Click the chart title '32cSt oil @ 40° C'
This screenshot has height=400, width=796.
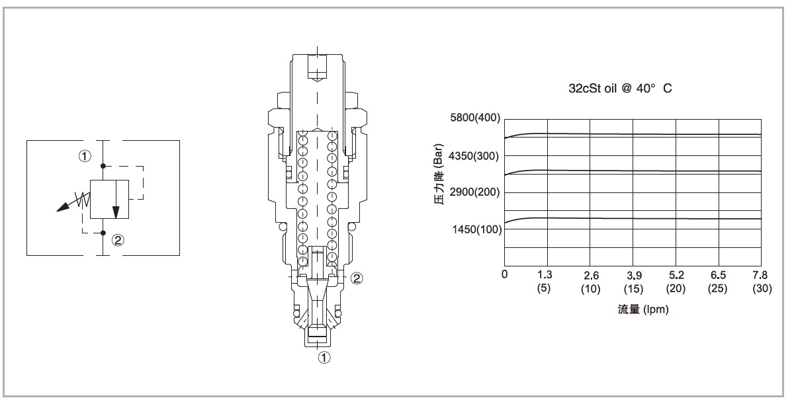tap(620, 89)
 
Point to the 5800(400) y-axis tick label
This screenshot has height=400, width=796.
tap(475, 118)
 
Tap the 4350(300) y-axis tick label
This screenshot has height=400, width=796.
tap(474, 156)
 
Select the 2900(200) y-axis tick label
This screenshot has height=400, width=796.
tap(474, 192)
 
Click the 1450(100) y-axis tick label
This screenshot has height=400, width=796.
tap(477, 229)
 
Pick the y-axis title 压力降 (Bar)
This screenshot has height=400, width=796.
tap(439, 174)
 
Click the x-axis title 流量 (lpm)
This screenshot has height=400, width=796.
tap(643, 309)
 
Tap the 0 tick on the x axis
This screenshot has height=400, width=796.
tap(505, 274)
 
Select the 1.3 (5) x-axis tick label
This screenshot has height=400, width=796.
tap(545, 282)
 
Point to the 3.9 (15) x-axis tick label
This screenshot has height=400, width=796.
tap(634, 282)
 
